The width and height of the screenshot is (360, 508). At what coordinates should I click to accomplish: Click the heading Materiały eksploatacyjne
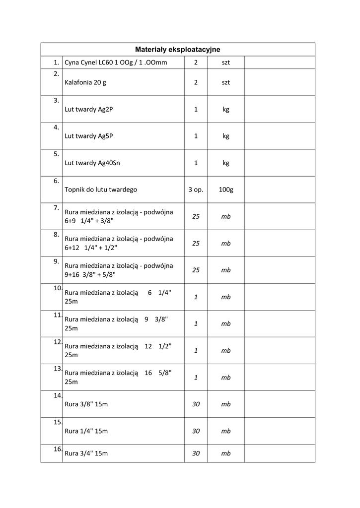click(178, 50)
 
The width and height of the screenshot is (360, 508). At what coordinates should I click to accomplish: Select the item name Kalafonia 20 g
click(85, 82)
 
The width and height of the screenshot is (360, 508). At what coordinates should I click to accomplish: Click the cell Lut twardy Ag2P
click(89, 109)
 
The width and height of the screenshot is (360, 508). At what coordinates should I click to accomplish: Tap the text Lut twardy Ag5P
click(89, 136)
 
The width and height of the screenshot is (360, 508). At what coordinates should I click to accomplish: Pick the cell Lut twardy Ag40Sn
click(92, 163)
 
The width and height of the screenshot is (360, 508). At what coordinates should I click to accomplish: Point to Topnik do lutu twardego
click(101, 190)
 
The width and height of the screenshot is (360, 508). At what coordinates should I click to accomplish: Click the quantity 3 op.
click(196, 190)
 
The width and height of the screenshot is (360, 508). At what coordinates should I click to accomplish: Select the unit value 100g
click(226, 190)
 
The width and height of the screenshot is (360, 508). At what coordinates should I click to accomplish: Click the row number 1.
click(56, 63)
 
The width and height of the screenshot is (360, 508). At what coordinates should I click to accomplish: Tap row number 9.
click(56, 261)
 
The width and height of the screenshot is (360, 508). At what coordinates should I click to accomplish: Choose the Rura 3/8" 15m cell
click(86, 404)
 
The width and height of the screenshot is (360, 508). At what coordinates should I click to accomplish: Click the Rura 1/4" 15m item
click(86, 431)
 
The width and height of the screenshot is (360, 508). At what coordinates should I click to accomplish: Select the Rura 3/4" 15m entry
click(86, 453)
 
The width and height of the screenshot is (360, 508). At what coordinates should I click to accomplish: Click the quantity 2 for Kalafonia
click(196, 82)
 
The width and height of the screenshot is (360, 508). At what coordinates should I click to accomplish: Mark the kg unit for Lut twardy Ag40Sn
click(226, 163)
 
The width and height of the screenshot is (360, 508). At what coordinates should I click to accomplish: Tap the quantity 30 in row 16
click(196, 453)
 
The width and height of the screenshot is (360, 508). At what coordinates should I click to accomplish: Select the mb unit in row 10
click(226, 297)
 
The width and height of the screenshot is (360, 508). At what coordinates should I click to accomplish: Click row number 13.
click(57, 369)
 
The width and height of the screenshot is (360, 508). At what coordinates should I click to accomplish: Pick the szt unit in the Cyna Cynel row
click(226, 63)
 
